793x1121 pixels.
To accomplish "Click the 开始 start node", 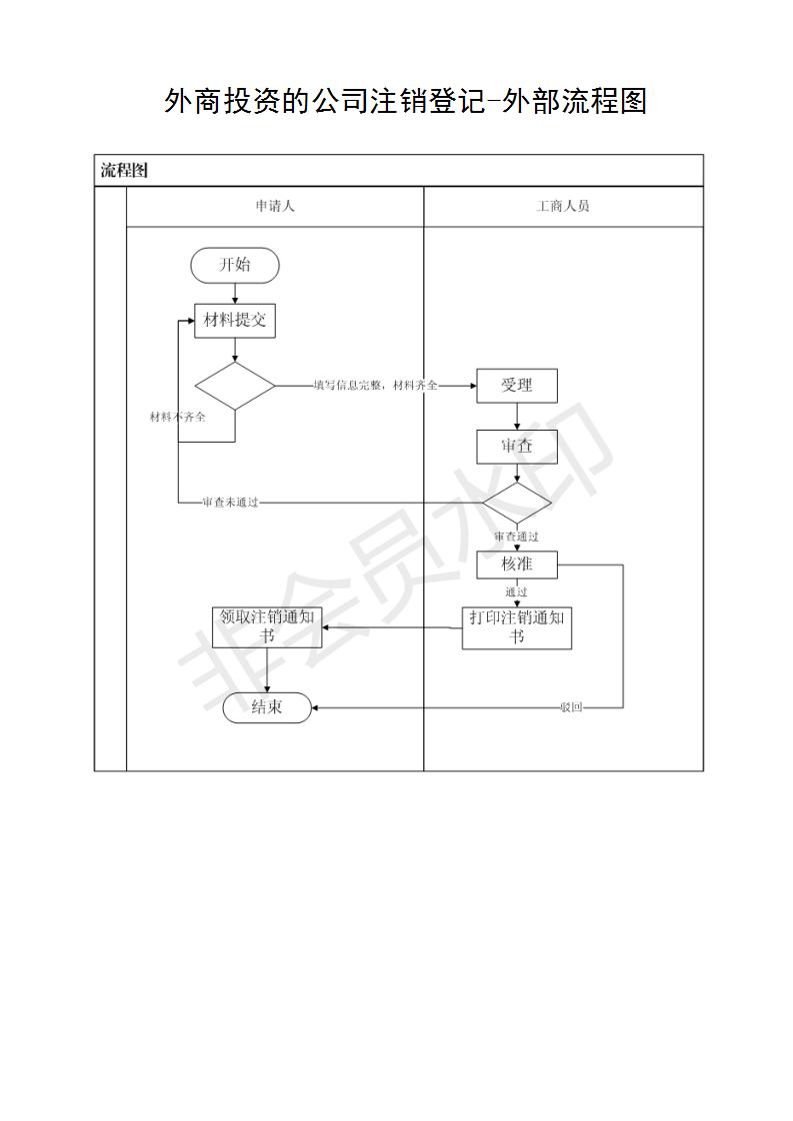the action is click(x=235, y=265).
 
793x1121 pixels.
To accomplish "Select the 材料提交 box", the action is click(x=235, y=321).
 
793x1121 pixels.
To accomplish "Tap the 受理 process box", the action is click(x=517, y=386).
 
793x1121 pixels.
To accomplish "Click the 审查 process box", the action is click(x=517, y=447).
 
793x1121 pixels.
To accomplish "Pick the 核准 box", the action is click(x=517, y=564).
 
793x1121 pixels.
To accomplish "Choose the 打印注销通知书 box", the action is click(x=517, y=627).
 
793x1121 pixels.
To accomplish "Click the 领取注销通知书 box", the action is click(x=267, y=627).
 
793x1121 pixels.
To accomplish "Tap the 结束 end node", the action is click(x=267, y=707).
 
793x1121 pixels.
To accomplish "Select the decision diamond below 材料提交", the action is click(x=235, y=386).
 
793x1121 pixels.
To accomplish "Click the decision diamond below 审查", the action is click(x=517, y=503).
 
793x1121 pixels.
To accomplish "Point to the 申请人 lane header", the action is click(x=275, y=206).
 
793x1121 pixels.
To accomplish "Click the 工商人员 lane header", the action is click(x=563, y=206).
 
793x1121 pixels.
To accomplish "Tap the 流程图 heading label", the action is click(x=124, y=170).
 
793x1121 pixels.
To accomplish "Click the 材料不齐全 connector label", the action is click(x=177, y=417).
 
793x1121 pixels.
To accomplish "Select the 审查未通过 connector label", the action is click(x=230, y=503).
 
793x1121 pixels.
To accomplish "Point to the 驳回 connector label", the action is click(x=571, y=707).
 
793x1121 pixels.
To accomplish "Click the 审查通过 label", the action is click(x=516, y=537).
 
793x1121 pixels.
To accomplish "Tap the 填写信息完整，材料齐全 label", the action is click(x=376, y=386).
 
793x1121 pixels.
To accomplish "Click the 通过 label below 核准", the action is click(x=516, y=591).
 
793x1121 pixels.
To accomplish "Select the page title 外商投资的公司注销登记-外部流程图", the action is click(x=405, y=101).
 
